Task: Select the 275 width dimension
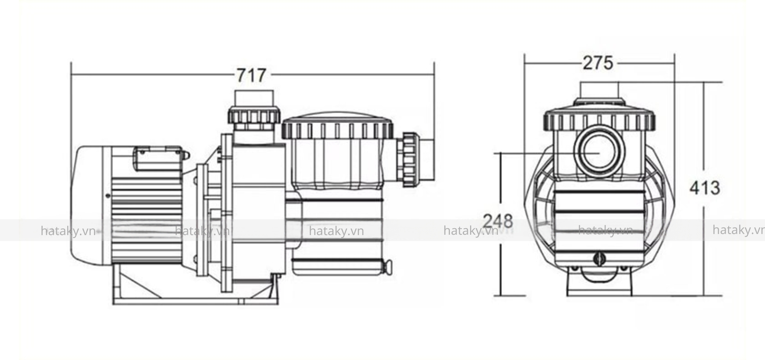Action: click(x=598, y=63)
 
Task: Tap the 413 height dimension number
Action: click(x=704, y=188)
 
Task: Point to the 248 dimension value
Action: click(x=498, y=221)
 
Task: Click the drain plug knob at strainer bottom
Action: click(x=387, y=266)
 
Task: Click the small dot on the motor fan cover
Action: click(x=108, y=196)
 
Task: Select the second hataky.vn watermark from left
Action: click(x=202, y=231)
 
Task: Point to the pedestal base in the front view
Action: click(x=599, y=285)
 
